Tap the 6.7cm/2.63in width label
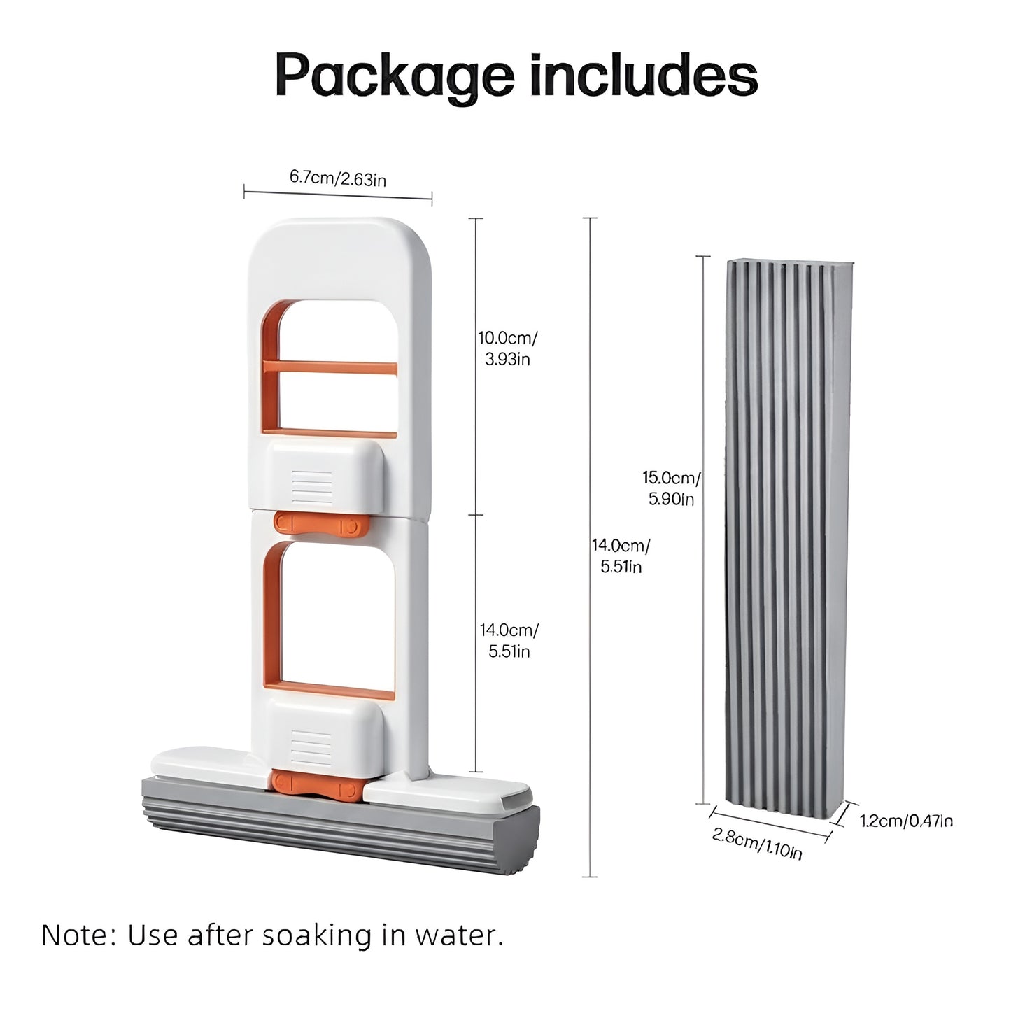pos(338,178)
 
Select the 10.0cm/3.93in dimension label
pos(507,348)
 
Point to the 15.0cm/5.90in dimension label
pos(672,488)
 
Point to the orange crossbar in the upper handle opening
pos(330,368)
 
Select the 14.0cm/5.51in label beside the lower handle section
pos(509,640)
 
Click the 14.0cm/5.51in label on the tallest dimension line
pos(621,556)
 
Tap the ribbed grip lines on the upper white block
pos(311,488)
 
